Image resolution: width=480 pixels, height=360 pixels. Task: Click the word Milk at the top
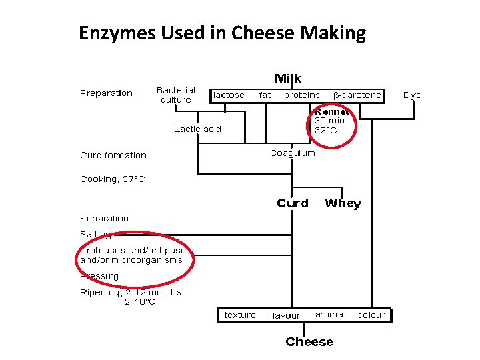click(288, 79)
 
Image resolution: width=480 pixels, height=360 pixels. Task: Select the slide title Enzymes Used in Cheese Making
click(222, 33)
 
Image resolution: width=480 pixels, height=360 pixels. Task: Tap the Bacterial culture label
click(176, 95)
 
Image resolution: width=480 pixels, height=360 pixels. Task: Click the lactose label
click(229, 95)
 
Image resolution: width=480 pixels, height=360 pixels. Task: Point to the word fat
click(265, 95)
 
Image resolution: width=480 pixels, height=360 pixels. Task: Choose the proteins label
click(302, 95)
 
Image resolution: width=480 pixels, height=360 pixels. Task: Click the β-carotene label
click(357, 95)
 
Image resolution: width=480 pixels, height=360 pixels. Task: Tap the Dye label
click(412, 95)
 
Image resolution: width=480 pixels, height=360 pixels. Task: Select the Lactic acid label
click(197, 129)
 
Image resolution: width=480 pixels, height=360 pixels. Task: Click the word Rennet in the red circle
click(332, 112)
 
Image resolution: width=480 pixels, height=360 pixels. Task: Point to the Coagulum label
click(293, 153)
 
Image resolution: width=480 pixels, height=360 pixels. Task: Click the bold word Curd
click(293, 203)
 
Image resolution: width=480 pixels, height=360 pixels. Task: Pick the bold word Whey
click(343, 203)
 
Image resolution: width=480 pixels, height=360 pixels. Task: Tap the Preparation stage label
click(106, 93)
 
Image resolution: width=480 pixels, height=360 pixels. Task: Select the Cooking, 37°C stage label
click(112, 179)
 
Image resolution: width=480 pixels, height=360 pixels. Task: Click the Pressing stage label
click(99, 276)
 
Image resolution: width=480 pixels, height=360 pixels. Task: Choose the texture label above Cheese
click(240, 315)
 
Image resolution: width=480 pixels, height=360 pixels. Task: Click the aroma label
click(329, 315)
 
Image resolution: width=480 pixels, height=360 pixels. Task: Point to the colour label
click(372, 315)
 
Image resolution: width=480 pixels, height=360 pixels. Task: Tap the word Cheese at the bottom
click(309, 342)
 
